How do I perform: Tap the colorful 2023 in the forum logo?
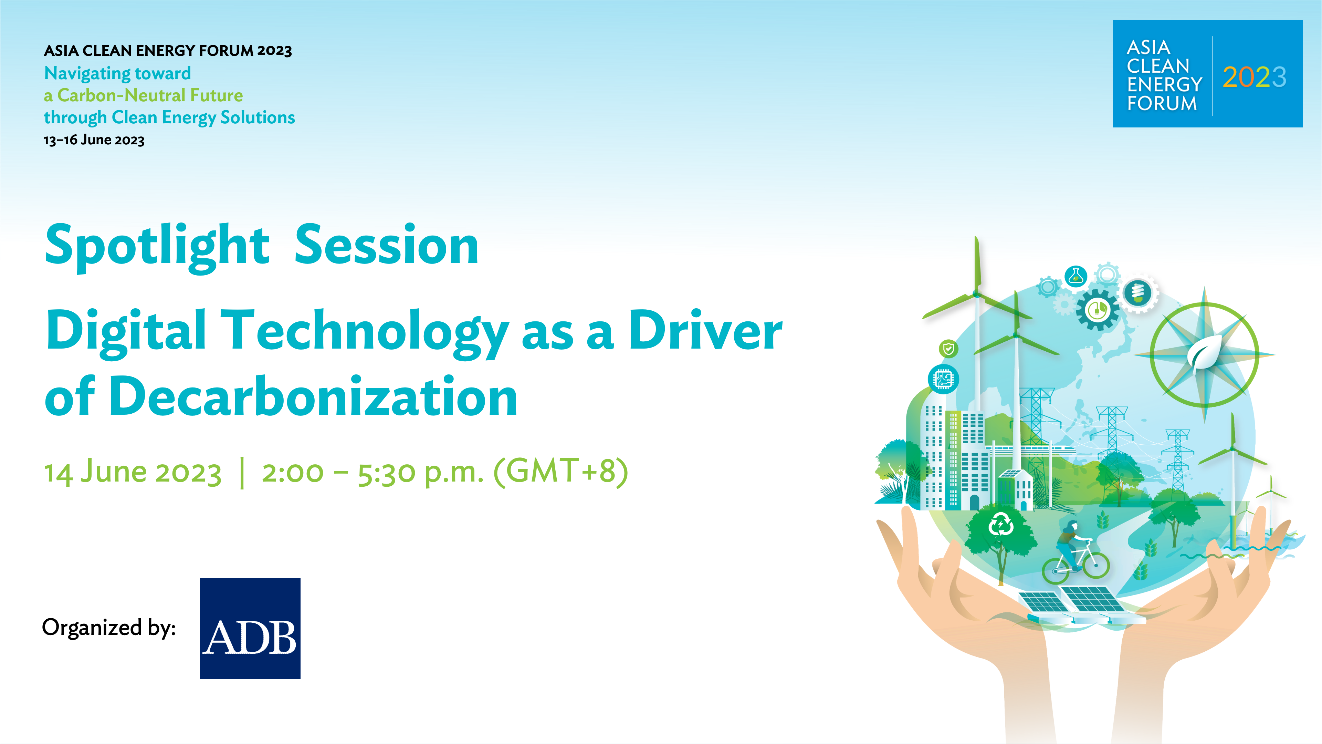click(x=1254, y=77)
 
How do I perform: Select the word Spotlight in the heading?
click(x=157, y=247)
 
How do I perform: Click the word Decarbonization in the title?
click(x=313, y=396)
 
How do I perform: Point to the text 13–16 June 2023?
click(x=94, y=139)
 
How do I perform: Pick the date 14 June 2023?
click(x=133, y=472)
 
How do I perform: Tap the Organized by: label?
click(x=109, y=628)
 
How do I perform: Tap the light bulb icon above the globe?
click(x=1138, y=293)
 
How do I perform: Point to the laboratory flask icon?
click(x=1076, y=277)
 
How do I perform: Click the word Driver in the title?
click(x=706, y=331)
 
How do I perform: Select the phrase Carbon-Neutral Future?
click(x=150, y=95)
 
